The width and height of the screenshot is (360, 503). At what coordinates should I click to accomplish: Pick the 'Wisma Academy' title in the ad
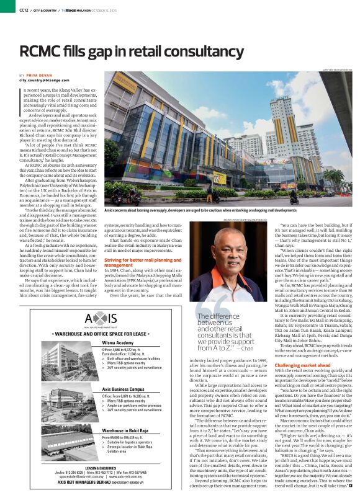[x=118, y=342]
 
